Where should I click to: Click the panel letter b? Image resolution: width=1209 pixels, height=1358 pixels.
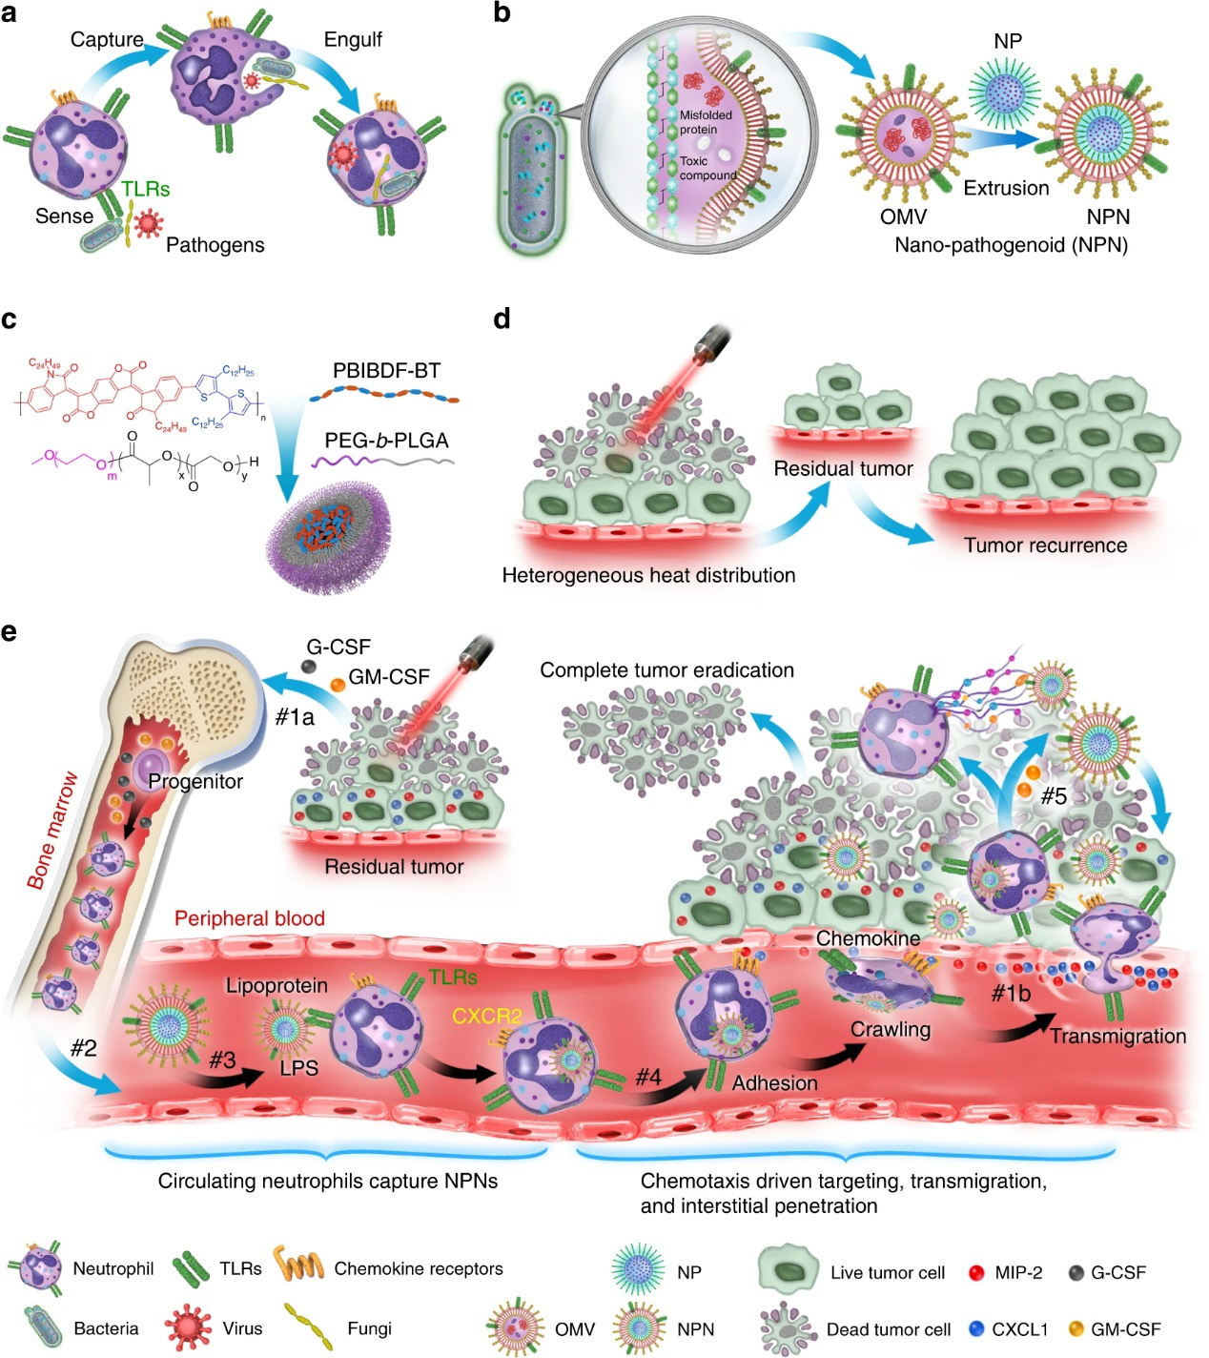click(x=502, y=13)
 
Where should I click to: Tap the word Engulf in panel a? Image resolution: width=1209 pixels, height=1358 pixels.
click(x=353, y=39)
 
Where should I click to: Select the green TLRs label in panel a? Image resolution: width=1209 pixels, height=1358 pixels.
click(x=145, y=189)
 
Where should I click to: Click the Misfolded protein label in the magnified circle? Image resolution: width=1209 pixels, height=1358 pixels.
click(x=706, y=122)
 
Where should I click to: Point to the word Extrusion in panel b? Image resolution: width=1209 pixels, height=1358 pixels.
click(x=1006, y=188)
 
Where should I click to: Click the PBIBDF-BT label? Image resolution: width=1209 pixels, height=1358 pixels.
click(x=386, y=370)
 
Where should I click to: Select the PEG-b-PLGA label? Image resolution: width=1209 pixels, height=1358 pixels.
click(x=386, y=441)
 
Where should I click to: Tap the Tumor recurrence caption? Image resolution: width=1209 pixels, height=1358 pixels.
click(x=1045, y=545)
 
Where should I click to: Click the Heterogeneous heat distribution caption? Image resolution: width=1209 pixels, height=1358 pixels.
click(x=648, y=575)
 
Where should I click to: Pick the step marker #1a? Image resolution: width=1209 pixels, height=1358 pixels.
click(x=295, y=716)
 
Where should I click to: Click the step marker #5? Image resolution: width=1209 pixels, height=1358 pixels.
click(x=1053, y=795)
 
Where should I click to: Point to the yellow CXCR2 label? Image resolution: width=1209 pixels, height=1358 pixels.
click(x=486, y=1016)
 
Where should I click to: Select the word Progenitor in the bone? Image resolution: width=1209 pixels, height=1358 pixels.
click(x=195, y=781)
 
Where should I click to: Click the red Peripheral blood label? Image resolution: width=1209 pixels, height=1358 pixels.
click(x=250, y=918)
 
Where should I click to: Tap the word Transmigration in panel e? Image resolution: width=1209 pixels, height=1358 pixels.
click(x=1117, y=1036)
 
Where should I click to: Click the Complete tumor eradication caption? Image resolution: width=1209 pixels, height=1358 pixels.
click(x=666, y=670)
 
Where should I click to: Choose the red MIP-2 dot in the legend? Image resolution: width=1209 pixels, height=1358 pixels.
click(x=975, y=1272)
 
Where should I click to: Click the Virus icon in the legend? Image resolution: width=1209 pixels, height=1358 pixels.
click(x=187, y=1327)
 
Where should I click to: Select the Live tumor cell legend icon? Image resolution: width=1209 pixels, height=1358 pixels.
click(x=789, y=1270)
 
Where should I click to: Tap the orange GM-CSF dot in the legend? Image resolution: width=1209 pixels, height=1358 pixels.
click(x=1076, y=1328)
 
